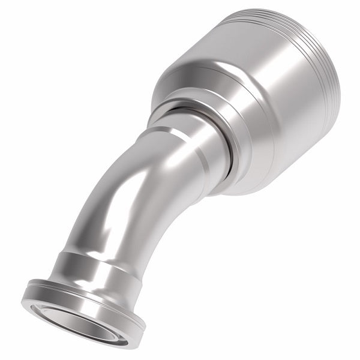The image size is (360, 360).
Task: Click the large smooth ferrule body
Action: [x=264, y=120]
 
